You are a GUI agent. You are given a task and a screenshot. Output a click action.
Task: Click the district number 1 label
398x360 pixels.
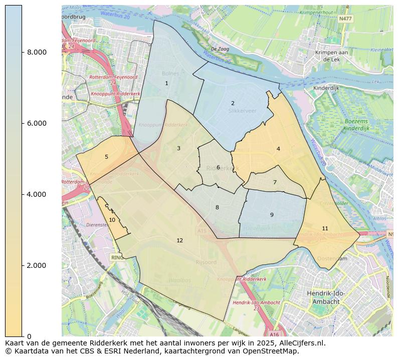166,84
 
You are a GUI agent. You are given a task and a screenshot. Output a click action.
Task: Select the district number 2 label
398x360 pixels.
233,104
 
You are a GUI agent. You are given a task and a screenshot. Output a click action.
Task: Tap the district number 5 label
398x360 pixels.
106,157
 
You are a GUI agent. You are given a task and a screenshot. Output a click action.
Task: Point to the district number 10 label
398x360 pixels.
112,220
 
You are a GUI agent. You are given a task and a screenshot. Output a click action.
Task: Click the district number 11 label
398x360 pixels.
325,228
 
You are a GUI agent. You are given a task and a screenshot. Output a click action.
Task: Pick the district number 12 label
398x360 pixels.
179,241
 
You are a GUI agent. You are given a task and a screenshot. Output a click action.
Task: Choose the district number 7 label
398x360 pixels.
275,183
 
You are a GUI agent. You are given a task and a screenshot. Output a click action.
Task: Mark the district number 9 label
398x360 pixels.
272,215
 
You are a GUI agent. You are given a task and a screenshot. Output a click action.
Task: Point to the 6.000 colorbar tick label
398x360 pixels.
37,124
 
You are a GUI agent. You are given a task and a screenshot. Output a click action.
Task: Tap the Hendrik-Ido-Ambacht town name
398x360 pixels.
326,297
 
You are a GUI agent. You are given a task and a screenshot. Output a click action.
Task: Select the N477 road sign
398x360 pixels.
345,19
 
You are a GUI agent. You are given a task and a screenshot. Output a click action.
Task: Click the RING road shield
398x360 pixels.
117,257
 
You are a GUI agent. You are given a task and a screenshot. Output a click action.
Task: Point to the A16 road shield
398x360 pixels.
274,334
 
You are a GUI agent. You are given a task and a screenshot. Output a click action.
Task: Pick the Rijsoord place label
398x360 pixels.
206,262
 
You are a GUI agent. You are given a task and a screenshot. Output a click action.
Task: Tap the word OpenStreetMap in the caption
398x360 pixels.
273,351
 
